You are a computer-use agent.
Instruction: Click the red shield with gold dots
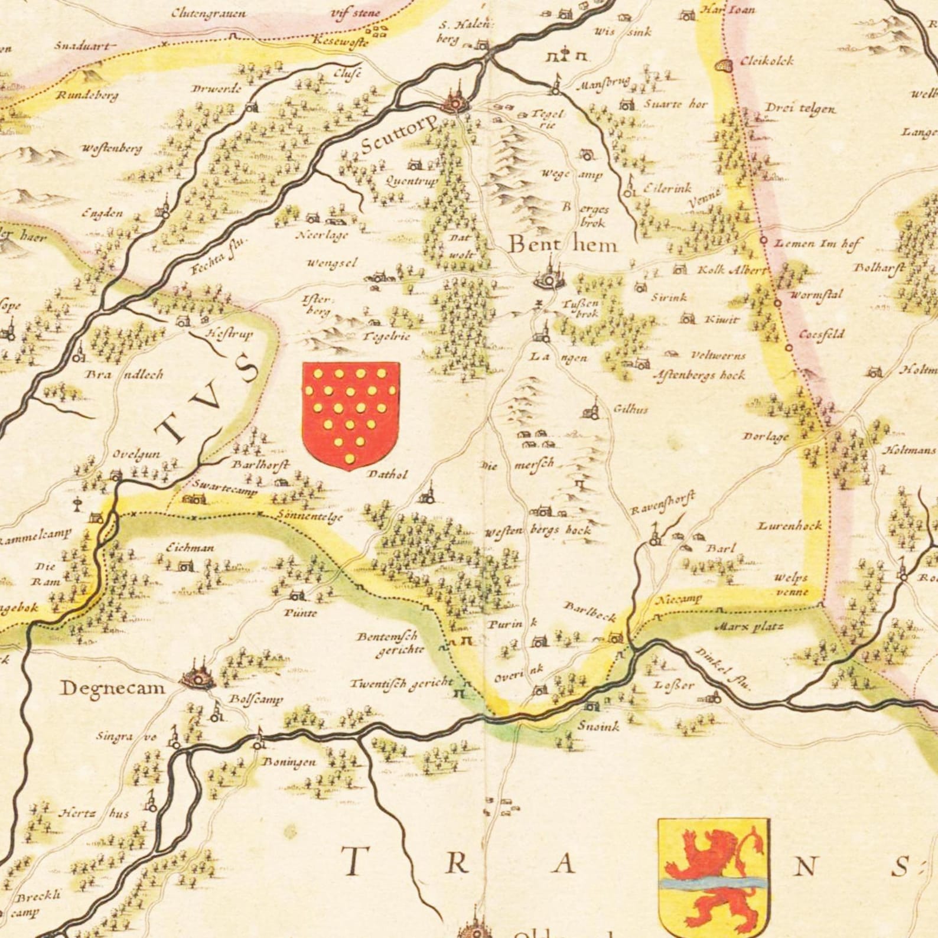351,415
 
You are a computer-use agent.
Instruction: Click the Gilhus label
630,409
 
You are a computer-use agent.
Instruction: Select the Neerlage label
322,235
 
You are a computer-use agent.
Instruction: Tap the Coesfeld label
822,334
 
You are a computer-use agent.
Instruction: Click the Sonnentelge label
310,516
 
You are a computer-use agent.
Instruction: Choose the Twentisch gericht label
401,683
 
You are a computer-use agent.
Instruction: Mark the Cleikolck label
766,61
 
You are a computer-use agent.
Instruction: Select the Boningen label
289,762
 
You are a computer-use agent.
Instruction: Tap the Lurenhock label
790,525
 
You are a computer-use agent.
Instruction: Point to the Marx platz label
748,626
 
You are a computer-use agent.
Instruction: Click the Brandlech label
125,374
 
